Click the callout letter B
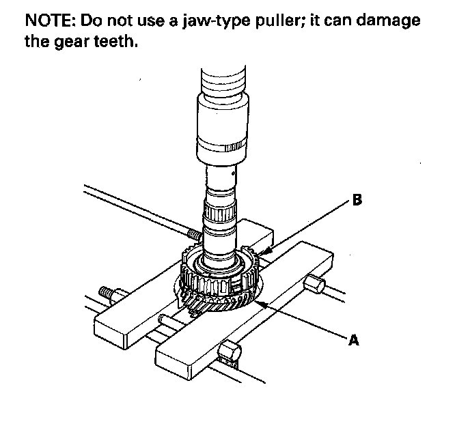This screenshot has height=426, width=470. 356,199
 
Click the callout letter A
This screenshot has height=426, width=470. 354,339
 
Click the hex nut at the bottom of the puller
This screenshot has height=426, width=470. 231,353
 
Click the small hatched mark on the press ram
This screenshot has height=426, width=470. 234,147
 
